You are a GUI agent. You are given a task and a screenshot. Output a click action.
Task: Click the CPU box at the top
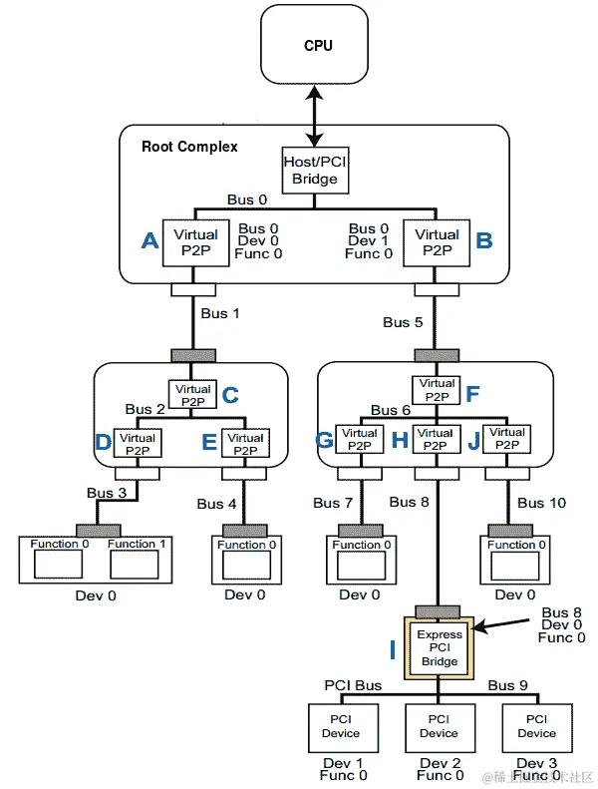point(318,46)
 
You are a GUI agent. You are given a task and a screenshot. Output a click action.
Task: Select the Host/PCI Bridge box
point(315,170)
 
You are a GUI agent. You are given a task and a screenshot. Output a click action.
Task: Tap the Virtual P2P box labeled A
point(195,242)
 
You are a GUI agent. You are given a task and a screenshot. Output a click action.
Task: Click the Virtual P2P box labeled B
point(437,242)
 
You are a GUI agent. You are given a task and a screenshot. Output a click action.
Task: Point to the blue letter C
point(230,395)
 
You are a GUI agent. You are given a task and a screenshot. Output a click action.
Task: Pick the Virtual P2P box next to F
point(437,390)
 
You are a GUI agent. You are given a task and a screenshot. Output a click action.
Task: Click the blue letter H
point(400,441)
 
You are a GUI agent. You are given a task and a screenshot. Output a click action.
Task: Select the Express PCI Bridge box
point(439,647)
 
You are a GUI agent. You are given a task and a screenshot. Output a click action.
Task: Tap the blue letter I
point(393,650)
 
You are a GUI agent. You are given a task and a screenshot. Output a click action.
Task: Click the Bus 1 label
point(220,313)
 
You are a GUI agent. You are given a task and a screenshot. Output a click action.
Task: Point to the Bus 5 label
point(403,322)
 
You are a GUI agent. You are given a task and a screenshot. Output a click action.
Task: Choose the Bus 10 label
point(541,503)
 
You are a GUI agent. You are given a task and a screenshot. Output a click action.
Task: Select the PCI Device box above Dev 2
point(439,726)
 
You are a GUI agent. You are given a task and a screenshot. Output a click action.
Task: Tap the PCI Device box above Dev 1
point(341,726)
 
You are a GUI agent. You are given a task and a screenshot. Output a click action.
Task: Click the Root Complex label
point(189,147)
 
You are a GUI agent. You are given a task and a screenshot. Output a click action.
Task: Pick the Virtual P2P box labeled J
point(506,440)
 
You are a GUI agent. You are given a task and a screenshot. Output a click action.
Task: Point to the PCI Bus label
point(353,686)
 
